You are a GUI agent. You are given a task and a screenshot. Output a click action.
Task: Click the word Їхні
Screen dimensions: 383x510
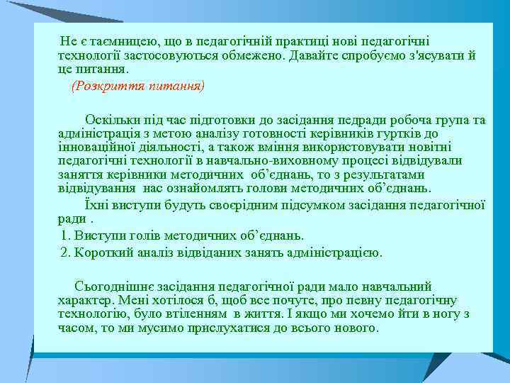tap(96, 204)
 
